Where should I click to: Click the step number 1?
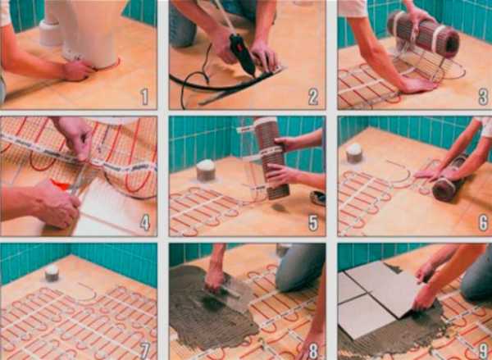tap(144, 97)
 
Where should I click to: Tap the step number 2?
tap(313, 97)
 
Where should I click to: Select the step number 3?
tap(483, 97)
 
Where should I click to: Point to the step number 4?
tap(144, 223)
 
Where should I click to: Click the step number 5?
tap(313, 223)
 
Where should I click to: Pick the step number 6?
tap(483, 223)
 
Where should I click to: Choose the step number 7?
tap(144, 350)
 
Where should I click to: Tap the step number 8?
tap(313, 350)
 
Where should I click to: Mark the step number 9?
tap(483, 350)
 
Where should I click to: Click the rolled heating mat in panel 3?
tap(423, 34)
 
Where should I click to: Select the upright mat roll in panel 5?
tap(271, 158)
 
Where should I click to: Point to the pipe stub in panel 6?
tap(354, 153)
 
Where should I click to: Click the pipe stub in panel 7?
tap(52, 273)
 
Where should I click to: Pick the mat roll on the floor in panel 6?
tap(449, 180)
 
